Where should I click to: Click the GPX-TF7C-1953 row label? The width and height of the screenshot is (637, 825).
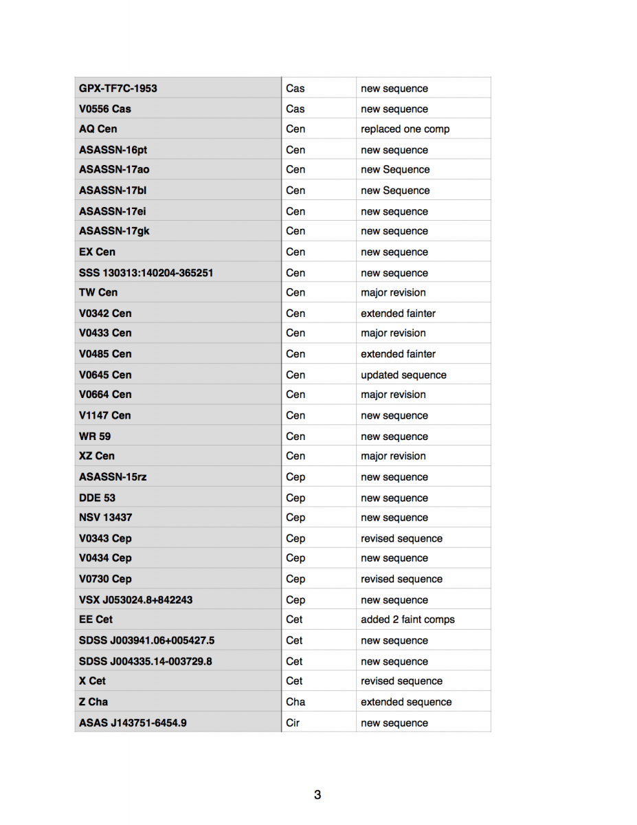click(x=118, y=88)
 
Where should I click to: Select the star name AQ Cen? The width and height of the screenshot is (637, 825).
click(x=98, y=129)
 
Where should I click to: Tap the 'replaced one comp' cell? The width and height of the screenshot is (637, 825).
click(x=405, y=129)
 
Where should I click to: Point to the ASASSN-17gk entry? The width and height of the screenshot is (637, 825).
click(x=113, y=231)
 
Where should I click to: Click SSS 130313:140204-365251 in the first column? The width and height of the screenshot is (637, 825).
click(x=146, y=272)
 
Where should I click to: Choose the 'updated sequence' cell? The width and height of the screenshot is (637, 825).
click(x=403, y=375)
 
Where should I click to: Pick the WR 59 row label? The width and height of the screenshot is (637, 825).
click(x=95, y=436)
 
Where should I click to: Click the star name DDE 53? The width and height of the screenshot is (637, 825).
click(x=97, y=498)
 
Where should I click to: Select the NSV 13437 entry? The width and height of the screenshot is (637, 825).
click(x=105, y=518)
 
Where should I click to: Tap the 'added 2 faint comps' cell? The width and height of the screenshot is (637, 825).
click(x=407, y=619)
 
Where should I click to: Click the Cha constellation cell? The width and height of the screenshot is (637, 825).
click(x=295, y=702)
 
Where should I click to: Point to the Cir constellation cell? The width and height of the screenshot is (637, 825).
click(x=293, y=723)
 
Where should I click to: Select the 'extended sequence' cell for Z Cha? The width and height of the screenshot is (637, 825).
click(x=406, y=702)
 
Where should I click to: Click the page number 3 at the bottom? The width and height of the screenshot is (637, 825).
click(x=317, y=795)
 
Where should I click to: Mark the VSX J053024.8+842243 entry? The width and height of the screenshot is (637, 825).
click(x=135, y=599)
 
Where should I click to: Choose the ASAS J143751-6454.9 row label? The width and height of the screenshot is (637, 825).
click(x=133, y=723)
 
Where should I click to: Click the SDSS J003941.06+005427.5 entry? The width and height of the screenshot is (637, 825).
click(x=146, y=640)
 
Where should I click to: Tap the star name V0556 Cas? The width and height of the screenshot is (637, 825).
click(x=104, y=109)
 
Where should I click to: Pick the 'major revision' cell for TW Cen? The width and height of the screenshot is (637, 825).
click(x=393, y=292)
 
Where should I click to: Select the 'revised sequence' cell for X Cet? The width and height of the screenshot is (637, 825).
click(x=401, y=681)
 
